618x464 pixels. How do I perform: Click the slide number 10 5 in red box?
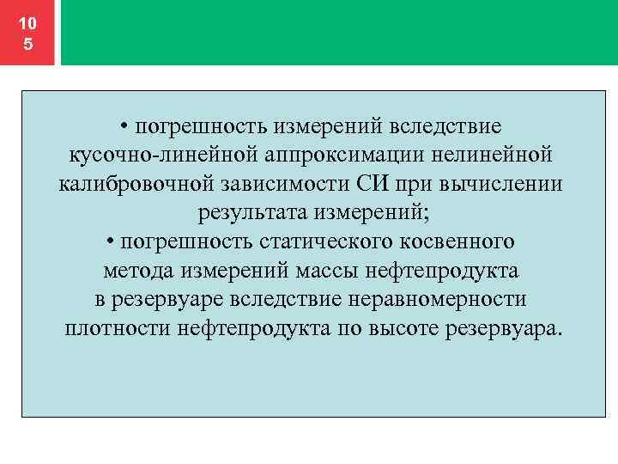point(28,33)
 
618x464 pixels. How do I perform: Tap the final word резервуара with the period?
point(506,329)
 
